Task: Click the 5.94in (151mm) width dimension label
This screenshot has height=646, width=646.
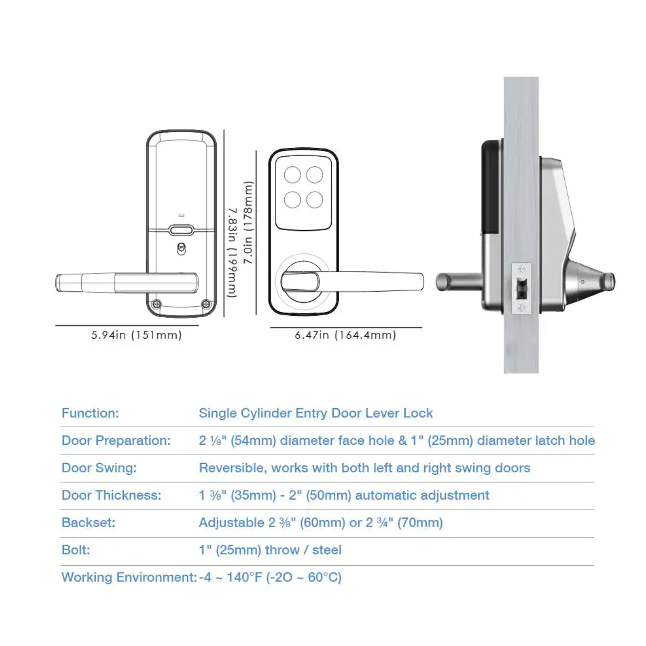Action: click(x=136, y=335)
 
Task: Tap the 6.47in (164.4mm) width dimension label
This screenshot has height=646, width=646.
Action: click(x=345, y=335)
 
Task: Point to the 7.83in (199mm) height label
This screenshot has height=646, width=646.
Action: click(x=232, y=253)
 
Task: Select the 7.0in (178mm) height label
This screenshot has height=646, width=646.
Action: click(x=249, y=223)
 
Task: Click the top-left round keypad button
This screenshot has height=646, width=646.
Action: click(x=293, y=175)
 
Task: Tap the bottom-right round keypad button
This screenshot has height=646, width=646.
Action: click(x=315, y=200)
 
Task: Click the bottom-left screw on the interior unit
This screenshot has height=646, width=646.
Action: click(x=157, y=304)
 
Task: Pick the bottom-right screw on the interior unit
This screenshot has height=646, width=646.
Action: click(x=206, y=304)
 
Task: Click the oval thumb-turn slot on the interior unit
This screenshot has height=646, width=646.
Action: click(x=181, y=230)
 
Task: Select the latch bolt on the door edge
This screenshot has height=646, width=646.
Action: click(x=522, y=289)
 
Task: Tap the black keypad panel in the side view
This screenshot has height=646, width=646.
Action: click(x=491, y=186)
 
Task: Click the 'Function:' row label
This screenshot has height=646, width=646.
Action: click(x=90, y=414)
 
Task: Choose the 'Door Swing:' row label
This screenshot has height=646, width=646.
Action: click(x=99, y=468)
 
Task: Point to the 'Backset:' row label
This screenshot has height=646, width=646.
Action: click(x=88, y=523)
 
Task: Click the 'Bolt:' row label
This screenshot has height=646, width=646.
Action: click(x=75, y=550)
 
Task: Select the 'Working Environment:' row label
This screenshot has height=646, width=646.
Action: click(x=129, y=577)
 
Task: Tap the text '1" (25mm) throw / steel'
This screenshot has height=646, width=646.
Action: click(x=270, y=550)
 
